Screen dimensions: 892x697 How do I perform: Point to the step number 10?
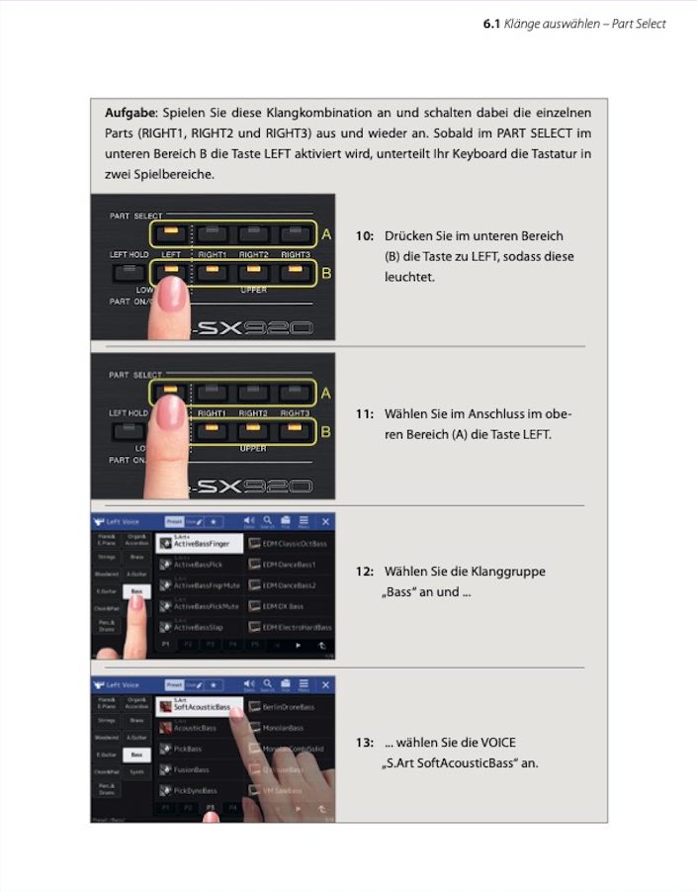[x=365, y=236]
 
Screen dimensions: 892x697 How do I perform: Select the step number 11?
[x=365, y=414]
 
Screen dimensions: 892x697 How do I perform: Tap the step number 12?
[x=365, y=572]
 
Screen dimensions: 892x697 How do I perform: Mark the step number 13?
[x=365, y=743]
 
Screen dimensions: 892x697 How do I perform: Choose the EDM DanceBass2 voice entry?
[x=292, y=584]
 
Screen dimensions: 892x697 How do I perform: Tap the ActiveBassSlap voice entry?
[x=201, y=627]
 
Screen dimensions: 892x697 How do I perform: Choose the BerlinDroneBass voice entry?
[x=288, y=707]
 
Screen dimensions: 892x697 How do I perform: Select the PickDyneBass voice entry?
[x=196, y=790]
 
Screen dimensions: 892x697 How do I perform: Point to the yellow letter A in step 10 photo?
[x=326, y=234]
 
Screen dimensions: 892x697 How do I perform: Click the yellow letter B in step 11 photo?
[x=326, y=431]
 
